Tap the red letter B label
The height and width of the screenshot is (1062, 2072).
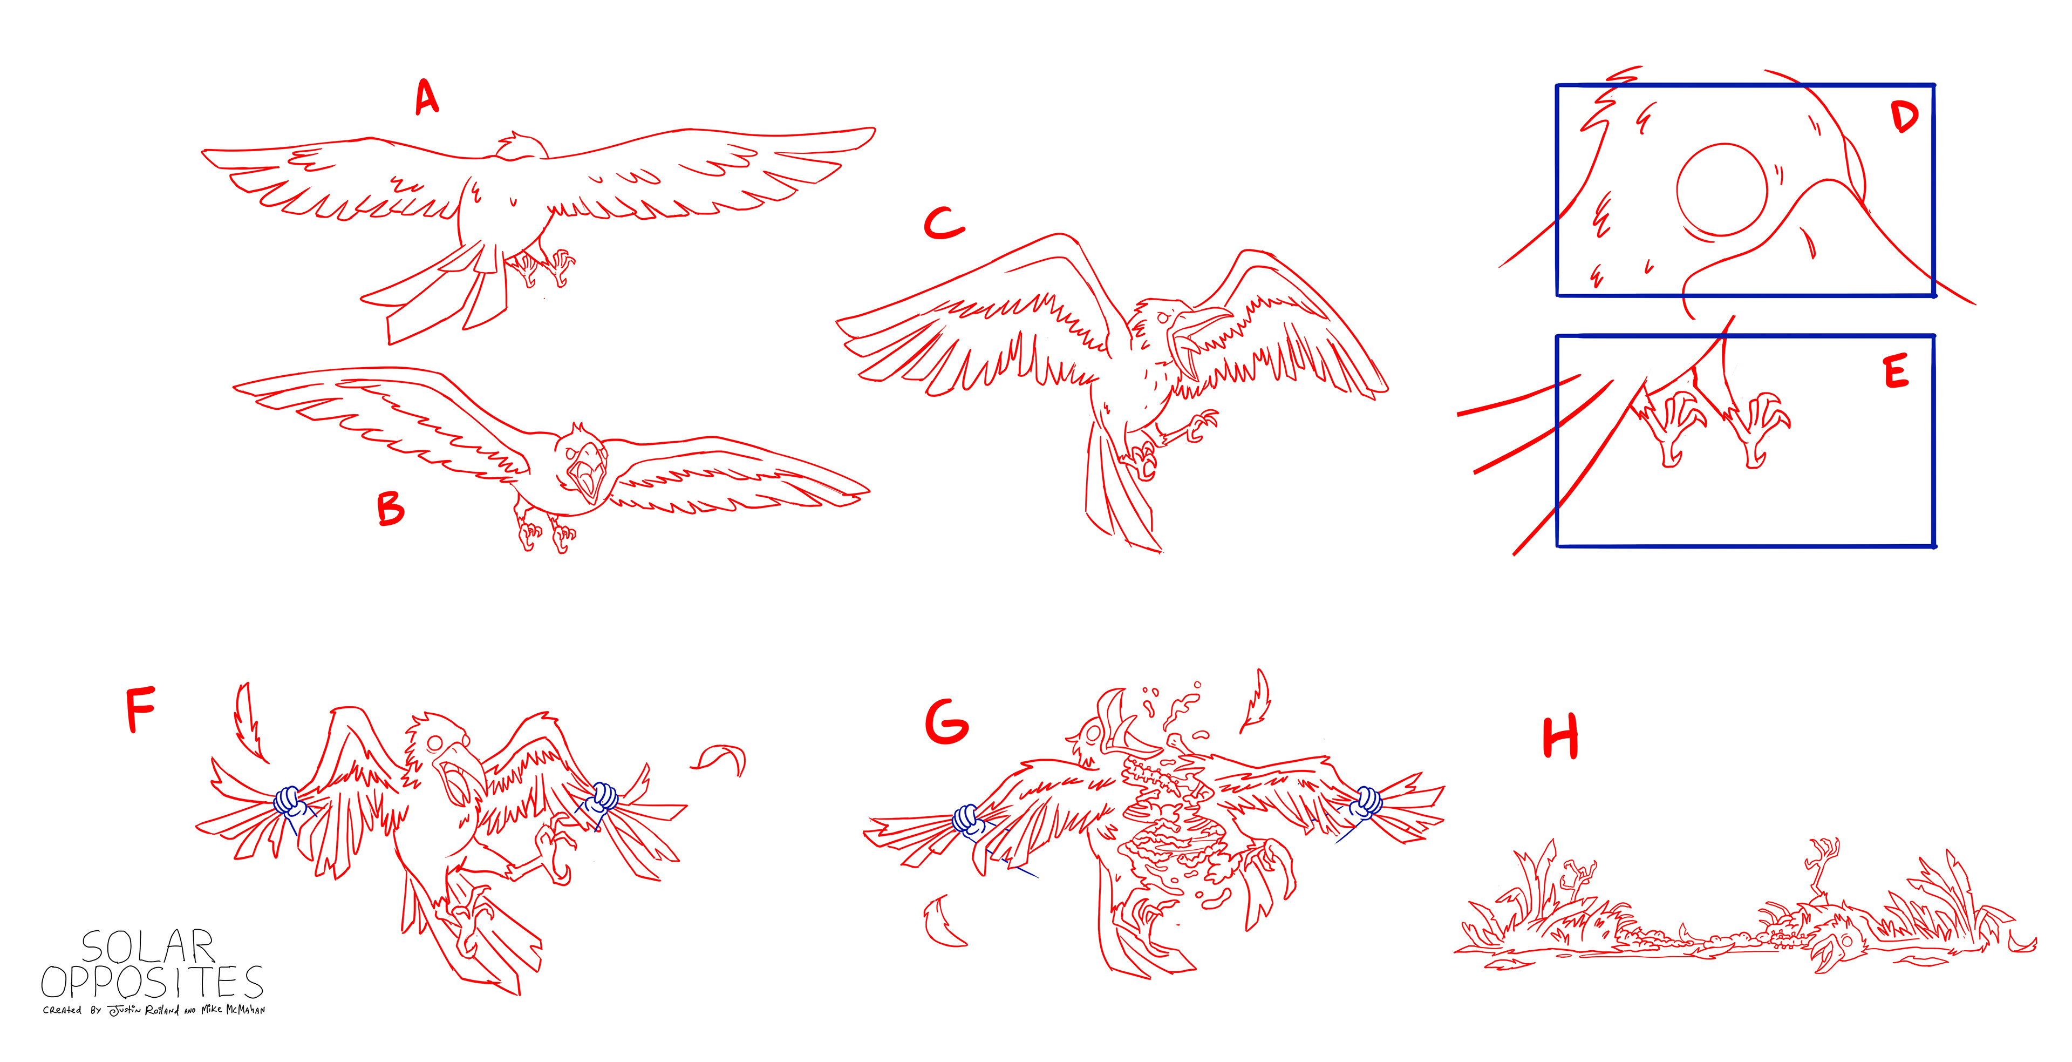pyautogui.click(x=391, y=509)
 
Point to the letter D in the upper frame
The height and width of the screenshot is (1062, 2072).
pyautogui.click(x=1904, y=118)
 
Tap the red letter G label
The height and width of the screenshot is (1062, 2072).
pyautogui.click(x=947, y=722)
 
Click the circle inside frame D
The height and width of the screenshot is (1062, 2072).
pyautogui.click(x=1722, y=191)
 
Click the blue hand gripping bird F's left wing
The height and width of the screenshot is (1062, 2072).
pyautogui.click(x=288, y=801)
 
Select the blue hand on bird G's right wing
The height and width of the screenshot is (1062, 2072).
pyautogui.click(x=1365, y=803)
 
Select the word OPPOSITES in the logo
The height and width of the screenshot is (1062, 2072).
pyautogui.click(x=152, y=982)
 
